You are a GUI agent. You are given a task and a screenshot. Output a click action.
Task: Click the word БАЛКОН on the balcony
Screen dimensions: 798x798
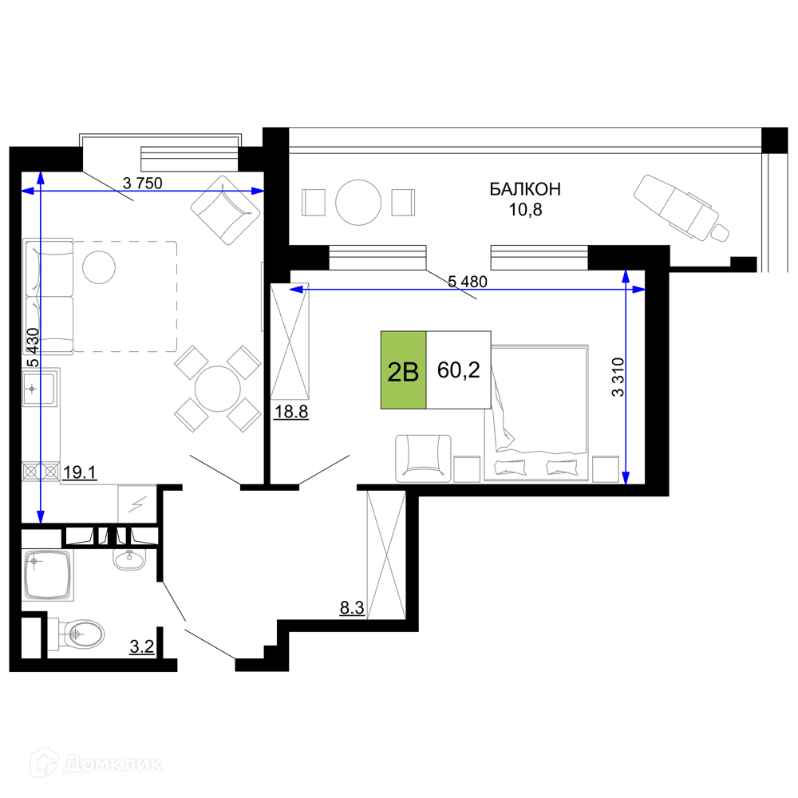click(x=525, y=189)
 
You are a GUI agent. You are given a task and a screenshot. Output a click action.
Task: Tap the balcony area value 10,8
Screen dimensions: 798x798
click(x=526, y=209)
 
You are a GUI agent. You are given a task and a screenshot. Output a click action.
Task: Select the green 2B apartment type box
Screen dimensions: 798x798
click(x=403, y=370)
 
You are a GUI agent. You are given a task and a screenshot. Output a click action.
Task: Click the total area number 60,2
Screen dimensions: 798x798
click(x=459, y=370)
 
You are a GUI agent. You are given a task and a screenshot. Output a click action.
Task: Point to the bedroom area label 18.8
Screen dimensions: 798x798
click(x=291, y=411)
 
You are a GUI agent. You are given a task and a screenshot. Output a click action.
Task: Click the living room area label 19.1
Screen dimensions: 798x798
click(x=80, y=472)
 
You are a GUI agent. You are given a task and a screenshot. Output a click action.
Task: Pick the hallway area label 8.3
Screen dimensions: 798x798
click(x=352, y=607)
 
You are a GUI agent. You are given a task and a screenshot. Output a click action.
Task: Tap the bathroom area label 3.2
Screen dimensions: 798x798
click(x=141, y=647)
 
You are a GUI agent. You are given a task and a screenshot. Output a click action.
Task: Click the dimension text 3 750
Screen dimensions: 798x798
click(x=143, y=183)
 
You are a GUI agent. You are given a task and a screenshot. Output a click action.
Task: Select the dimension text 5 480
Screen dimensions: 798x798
click(x=468, y=282)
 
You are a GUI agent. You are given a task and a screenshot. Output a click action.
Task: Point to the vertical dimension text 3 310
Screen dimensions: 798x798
click(x=618, y=377)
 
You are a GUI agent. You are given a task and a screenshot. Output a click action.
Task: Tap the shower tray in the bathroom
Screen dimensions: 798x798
click(x=48, y=575)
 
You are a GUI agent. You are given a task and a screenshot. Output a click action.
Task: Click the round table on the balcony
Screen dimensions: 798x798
click(x=358, y=203)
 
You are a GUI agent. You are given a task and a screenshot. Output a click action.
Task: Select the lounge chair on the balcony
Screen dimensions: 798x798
click(x=681, y=207)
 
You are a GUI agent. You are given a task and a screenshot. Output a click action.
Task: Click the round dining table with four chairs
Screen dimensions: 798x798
click(x=217, y=389)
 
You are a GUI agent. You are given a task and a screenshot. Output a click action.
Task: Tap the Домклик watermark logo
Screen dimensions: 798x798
click(x=97, y=764)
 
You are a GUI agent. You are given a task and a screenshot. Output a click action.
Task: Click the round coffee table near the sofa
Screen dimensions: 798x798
click(x=99, y=267)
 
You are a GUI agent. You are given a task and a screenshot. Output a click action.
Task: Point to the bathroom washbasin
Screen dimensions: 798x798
click(x=128, y=559)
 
